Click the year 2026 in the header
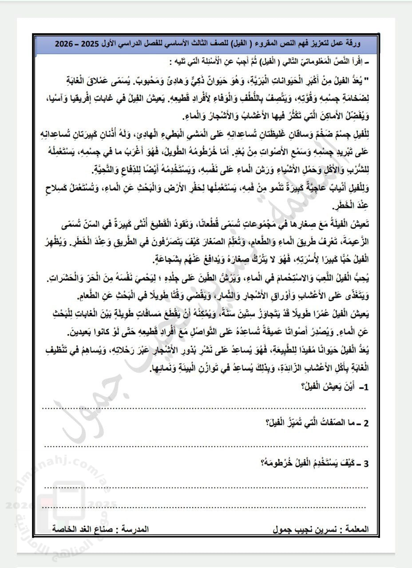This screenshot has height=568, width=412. pos(63,45)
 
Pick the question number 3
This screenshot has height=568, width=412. pos(366,465)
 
